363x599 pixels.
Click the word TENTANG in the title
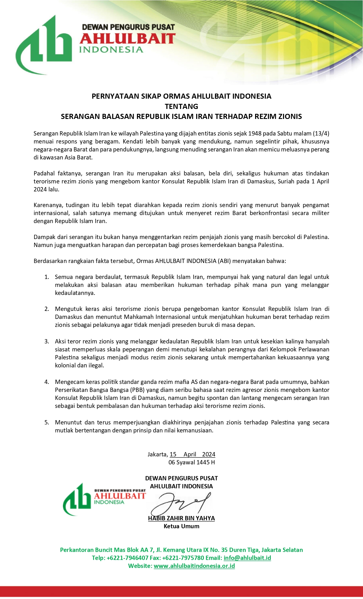pos(181,106)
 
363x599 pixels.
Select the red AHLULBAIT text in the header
pos(127,39)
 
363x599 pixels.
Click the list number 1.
pos(47,277)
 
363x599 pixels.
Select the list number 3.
pos(47,341)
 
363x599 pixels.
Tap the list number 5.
pos(47,422)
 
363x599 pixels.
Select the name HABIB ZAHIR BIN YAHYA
pos(181,518)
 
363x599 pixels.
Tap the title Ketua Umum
pos(181,526)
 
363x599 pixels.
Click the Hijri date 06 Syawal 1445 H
pos(192,462)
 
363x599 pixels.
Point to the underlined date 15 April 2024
pos(192,454)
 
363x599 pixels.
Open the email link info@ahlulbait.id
pos(247,558)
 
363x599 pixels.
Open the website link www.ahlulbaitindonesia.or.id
pos(194,566)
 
